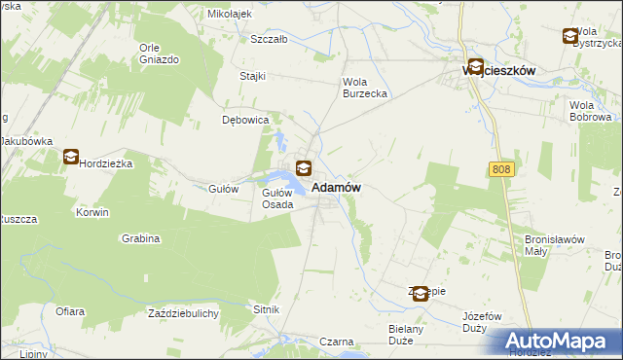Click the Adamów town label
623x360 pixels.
click(x=338, y=187)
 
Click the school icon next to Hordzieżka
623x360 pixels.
click(x=71, y=156)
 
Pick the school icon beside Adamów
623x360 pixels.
click(x=304, y=168)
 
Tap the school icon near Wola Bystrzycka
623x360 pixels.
click(x=569, y=36)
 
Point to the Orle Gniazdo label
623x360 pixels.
click(x=159, y=54)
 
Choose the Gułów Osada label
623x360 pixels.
click(x=277, y=198)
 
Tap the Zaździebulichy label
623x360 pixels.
click(x=183, y=313)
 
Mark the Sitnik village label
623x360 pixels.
click(x=267, y=309)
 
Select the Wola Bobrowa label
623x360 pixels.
click(x=596, y=111)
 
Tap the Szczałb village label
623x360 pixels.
click(x=269, y=40)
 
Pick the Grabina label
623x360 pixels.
click(x=141, y=238)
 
